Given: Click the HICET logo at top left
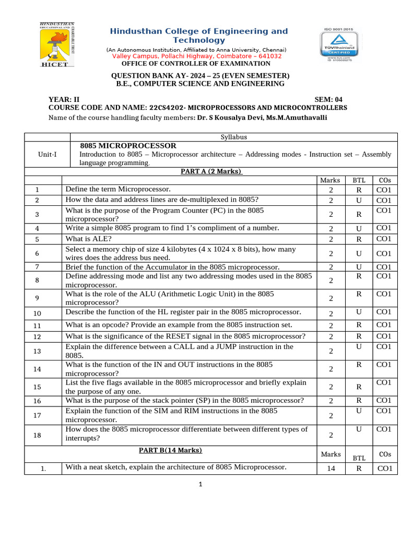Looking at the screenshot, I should [x=57, y=45].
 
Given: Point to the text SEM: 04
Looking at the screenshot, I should [x=328, y=99].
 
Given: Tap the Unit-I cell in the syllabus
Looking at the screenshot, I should [x=48, y=155].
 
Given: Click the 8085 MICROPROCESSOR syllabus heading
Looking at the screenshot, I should [x=128, y=146].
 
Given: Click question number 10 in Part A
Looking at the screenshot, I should [x=37, y=313].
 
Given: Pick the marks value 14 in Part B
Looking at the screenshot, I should [x=331, y=469].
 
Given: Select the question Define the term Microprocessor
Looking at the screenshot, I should [x=117, y=189].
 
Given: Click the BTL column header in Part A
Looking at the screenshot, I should [x=359, y=180].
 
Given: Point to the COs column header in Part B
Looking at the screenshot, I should [x=384, y=455].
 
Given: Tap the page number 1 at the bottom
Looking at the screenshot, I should [x=200, y=484].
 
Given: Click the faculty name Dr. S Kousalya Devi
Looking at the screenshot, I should [x=229, y=118].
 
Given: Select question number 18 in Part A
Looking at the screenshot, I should [x=37, y=435].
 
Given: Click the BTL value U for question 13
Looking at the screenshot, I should [x=359, y=346].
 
